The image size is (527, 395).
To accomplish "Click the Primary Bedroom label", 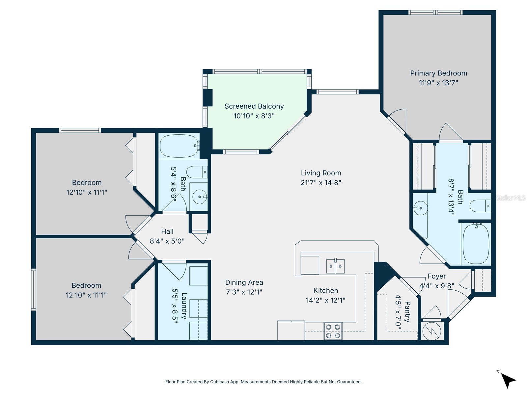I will (x=438, y=73).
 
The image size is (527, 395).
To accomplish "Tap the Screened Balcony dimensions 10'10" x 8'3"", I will (x=254, y=116).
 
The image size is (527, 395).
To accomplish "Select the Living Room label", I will (x=321, y=173).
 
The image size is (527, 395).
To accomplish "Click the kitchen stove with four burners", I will (x=333, y=331).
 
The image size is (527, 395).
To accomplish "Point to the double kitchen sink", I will (x=335, y=266).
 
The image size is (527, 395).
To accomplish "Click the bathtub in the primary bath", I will (x=476, y=244).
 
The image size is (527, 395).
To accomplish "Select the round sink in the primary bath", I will (x=420, y=208).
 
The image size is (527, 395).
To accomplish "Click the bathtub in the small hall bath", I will (x=180, y=146).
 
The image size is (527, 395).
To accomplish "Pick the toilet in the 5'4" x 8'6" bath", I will (x=197, y=172).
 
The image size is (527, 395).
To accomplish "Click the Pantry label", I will (x=407, y=311).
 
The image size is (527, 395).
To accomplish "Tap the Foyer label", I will (x=437, y=276).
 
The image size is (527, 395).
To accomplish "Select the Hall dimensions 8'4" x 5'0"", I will (x=167, y=241).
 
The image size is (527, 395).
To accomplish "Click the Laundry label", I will (x=184, y=305).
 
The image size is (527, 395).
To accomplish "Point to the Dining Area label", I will (x=244, y=282).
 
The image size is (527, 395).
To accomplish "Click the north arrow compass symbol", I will (x=508, y=380).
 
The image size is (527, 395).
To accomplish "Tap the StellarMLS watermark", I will (x=511, y=197).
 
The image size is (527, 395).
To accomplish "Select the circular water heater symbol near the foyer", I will (x=431, y=331).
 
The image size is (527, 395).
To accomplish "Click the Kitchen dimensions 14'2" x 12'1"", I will (x=325, y=300).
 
